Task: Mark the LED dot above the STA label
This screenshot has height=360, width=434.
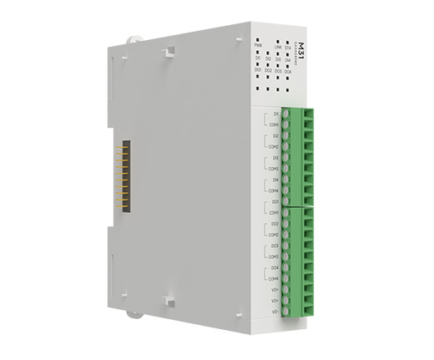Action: (x=288, y=43)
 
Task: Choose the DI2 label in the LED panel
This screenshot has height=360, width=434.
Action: (x=268, y=58)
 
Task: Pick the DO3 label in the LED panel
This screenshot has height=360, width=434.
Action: (x=277, y=72)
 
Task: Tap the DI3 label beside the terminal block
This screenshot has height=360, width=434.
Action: (x=275, y=157)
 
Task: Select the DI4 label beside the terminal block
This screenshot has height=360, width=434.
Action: (x=275, y=180)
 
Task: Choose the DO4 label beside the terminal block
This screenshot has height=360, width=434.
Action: (x=275, y=267)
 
